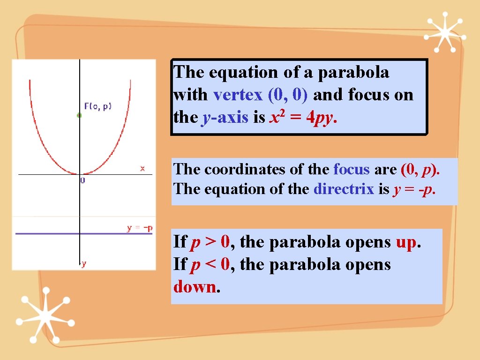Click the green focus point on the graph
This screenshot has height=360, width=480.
(x=79, y=115)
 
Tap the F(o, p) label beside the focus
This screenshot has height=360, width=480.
(x=98, y=106)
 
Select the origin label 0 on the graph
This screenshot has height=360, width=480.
(x=83, y=180)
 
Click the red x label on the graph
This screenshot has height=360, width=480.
(x=142, y=168)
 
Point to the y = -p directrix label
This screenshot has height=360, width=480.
(x=140, y=228)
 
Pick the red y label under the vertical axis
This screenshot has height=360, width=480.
(x=83, y=264)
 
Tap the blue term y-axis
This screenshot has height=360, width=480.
(x=225, y=118)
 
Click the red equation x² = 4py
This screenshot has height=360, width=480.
(x=303, y=118)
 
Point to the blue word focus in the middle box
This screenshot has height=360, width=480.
(x=351, y=169)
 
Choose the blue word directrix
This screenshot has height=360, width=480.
(x=344, y=189)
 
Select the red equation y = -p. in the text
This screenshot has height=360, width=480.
(x=414, y=189)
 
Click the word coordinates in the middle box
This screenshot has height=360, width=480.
(x=254, y=169)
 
